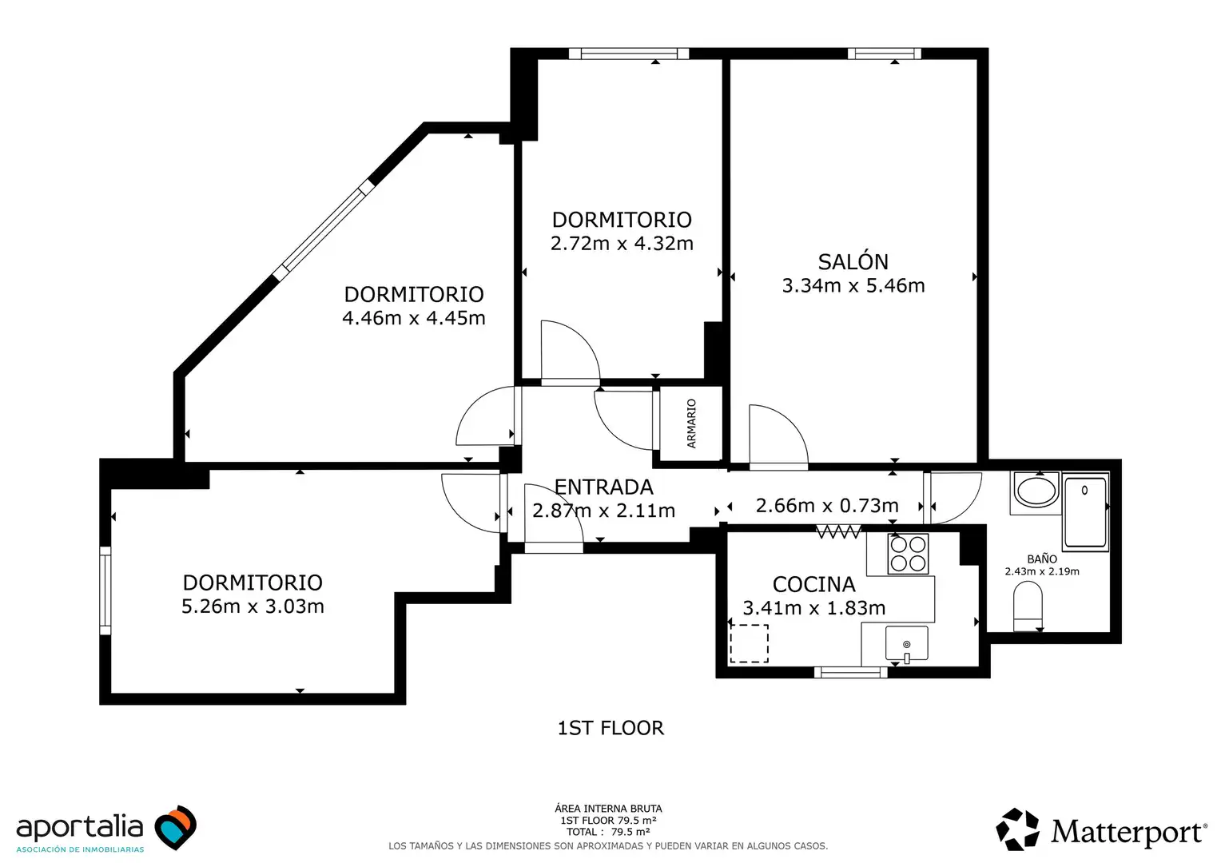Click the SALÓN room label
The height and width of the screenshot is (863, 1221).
[853, 262]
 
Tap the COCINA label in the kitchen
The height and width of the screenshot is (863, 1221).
[813, 584]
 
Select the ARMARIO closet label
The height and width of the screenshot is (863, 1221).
[691, 424]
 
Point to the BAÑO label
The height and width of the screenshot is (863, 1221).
[1042, 559]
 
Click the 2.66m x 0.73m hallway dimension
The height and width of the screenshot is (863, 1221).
[827, 505]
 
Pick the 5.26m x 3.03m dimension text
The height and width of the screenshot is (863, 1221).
[253, 606]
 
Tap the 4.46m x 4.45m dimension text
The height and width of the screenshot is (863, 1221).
[414, 318]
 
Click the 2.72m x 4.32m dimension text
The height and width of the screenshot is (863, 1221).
[622, 243]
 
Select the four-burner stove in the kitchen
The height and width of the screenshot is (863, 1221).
[908, 553]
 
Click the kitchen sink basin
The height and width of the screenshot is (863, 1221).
[906, 643]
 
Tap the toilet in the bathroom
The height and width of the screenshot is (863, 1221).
[1028, 606]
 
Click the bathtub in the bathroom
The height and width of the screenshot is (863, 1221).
[1085, 512]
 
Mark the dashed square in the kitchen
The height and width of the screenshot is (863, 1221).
[749, 644]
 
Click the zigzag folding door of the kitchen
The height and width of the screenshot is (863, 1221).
[838, 531]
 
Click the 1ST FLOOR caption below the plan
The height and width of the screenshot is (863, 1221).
[610, 728]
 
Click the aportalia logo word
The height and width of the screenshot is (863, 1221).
[80, 827]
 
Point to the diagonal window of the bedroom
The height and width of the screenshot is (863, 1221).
[324, 230]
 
